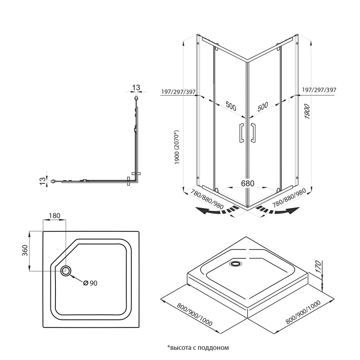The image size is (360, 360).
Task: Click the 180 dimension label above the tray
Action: click(55, 216)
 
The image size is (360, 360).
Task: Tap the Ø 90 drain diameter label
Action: click(90, 283)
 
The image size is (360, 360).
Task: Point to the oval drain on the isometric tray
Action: click(235, 263)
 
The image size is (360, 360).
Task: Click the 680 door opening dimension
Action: click(247, 183)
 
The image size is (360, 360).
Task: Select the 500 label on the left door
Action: click(230, 106)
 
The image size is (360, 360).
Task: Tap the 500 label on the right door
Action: click(263, 106)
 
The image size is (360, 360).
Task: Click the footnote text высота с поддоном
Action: click(198, 348)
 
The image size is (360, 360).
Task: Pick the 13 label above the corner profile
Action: click(136, 87)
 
